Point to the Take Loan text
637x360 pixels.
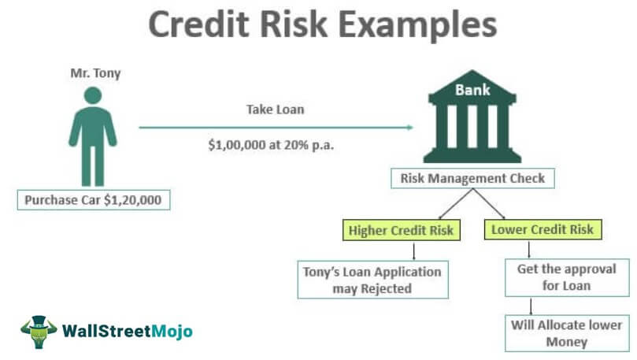[x=276, y=110]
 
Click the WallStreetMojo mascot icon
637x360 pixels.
[x=38, y=332]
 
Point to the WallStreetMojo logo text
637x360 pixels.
[x=126, y=332]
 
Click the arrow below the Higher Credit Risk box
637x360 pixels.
[x=413, y=250]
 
